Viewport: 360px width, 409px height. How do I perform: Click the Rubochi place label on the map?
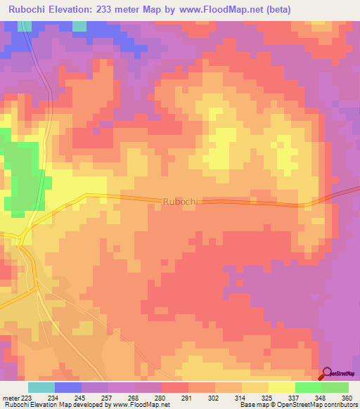[x=182, y=201]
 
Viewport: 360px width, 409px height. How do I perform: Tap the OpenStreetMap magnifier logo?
[x=327, y=374]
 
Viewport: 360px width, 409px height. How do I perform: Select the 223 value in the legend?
[x=28, y=397]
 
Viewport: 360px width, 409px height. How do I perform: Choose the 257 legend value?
[x=108, y=397]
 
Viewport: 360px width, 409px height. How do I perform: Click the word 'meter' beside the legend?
[x=11, y=397]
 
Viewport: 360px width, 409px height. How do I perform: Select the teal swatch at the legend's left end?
[x=41, y=387]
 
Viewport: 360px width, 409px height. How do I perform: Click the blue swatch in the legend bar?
[x=68, y=387]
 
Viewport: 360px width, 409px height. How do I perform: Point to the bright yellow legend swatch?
[x=282, y=387]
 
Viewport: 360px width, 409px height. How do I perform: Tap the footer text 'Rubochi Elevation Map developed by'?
[x=56, y=405]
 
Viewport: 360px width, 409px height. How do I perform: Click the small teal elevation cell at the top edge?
[x=80, y=26]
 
